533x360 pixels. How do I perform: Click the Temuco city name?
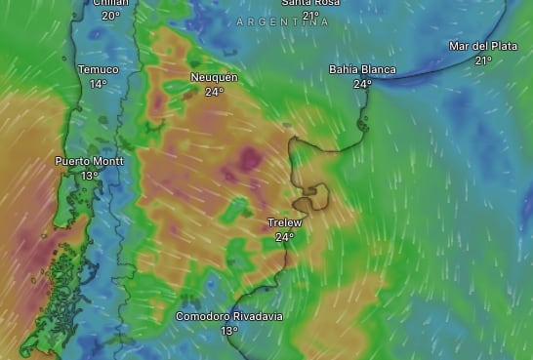tap(98, 69)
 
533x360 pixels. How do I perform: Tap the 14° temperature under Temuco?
tap(98, 84)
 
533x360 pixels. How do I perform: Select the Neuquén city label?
tap(214, 77)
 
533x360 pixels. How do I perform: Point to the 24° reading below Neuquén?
tap(214, 92)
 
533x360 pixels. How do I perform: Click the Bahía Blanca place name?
tap(362, 69)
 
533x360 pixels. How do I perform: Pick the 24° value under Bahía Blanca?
tap(362, 84)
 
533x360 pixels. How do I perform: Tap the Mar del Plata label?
tap(483, 46)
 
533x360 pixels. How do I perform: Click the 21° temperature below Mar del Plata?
tap(483, 60)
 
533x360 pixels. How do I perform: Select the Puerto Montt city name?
tap(90, 161)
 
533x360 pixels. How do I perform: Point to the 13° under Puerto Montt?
tap(90, 176)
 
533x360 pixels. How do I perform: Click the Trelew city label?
tap(284, 222)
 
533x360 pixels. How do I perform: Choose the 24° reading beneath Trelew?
tap(284, 237)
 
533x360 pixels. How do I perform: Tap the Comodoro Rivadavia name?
tap(229, 316)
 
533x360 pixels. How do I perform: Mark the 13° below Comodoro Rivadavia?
tap(229, 331)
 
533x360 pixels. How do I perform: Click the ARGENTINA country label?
tap(283, 21)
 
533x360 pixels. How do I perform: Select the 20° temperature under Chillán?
tap(110, 16)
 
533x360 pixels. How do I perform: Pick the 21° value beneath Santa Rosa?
tap(310, 16)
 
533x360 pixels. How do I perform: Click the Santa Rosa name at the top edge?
tap(310, 3)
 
